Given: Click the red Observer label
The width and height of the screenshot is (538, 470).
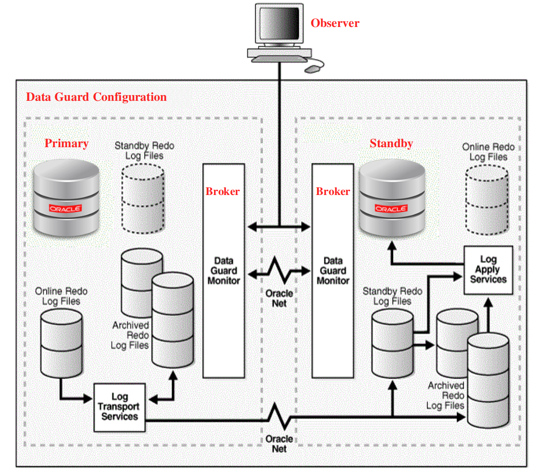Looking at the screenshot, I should tap(335, 23).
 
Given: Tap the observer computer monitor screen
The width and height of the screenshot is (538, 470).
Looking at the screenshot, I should tap(278, 23).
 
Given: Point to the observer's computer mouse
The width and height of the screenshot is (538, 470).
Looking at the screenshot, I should tap(312, 69).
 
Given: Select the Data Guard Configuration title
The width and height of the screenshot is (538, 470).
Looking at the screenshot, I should tap(96, 97).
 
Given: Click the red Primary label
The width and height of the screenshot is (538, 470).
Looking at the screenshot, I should tap(66, 143).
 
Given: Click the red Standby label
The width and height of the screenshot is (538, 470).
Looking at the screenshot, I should tap(391, 143).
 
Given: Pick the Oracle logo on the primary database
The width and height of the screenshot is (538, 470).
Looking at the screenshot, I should tap(65, 208).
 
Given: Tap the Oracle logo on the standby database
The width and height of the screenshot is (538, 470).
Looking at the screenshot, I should tap(391, 208).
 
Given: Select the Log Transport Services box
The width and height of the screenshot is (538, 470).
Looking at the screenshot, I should tap(119, 407).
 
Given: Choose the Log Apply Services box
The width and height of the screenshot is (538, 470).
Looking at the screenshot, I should tap(488, 270).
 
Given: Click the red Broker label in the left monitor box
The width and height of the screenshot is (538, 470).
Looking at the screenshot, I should tap(223, 191).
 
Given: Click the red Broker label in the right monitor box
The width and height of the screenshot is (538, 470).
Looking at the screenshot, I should tap(333, 191).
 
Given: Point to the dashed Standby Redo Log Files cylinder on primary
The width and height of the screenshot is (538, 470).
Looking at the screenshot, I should tap(143, 199).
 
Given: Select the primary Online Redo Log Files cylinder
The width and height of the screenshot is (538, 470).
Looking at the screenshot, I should tap(61, 343).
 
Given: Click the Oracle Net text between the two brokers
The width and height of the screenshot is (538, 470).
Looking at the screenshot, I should tap(279, 299).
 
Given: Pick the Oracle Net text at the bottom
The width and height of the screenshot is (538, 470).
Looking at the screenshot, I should tap(279, 443).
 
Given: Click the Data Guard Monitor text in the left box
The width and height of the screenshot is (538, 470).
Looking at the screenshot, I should tap(224, 271).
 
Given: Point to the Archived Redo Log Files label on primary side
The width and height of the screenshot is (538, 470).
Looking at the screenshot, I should tap(130, 335).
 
